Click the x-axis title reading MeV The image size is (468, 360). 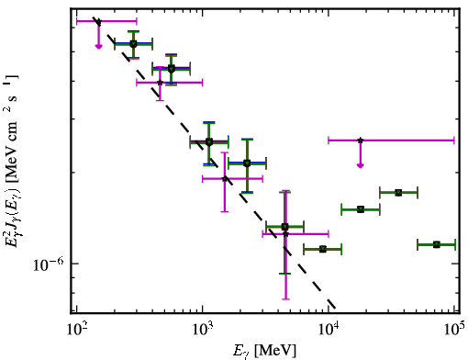pyautogui.click(x=275, y=351)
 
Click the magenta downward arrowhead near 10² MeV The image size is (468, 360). pyautogui.click(x=98, y=46)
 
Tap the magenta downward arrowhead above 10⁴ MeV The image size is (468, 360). pyautogui.click(x=361, y=165)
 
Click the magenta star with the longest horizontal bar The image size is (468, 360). pyautogui.click(x=361, y=141)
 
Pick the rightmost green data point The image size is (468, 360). pyautogui.click(x=437, y=244)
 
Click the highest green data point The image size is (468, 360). pyautogui.click(x=133, y=44)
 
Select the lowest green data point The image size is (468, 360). pyautogui.click(x=323, y=249)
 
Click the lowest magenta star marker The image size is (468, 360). pyautogui.click(x=285, y=234)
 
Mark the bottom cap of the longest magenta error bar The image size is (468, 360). pyautogui.click(x=285, y=299)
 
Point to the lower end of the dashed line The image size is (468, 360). pyautogui.click(x=336, y=308)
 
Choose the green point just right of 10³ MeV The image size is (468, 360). pyautogui.click(x=209, y=142)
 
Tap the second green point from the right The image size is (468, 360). pyautogui.click(x=398, y=193)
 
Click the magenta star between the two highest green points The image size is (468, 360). pyautogui.click(x=160, y=83)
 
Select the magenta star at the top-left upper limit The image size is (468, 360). pyautogui.click(x=98, y=21)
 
